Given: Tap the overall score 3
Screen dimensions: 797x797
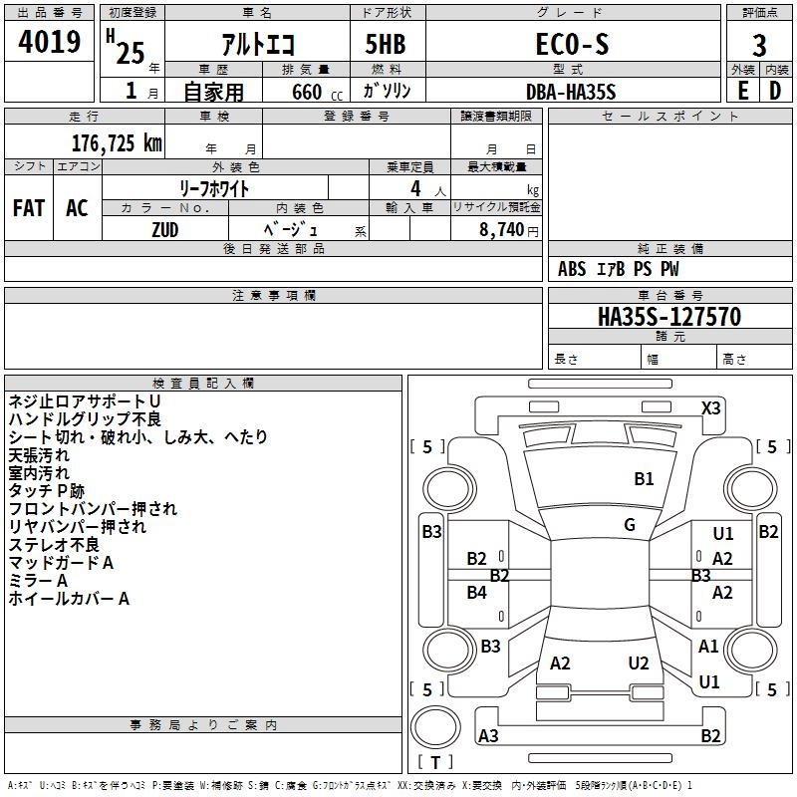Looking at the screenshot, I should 759,46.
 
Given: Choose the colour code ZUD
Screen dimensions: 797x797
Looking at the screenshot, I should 165,228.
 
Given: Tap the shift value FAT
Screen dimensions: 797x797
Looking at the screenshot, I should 29,208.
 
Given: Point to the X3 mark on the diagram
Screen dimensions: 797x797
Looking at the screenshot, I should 710,407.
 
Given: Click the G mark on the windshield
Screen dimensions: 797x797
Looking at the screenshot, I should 630,524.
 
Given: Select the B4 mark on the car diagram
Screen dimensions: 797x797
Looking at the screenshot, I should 477,592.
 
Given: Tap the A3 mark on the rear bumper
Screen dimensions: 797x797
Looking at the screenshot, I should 488,736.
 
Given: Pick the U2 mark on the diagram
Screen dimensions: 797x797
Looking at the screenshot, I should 639,664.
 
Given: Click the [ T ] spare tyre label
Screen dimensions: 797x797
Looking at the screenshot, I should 436,762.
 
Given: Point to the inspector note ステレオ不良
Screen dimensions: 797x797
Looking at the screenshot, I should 54,545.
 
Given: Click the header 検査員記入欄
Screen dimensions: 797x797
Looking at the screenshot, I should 203,383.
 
